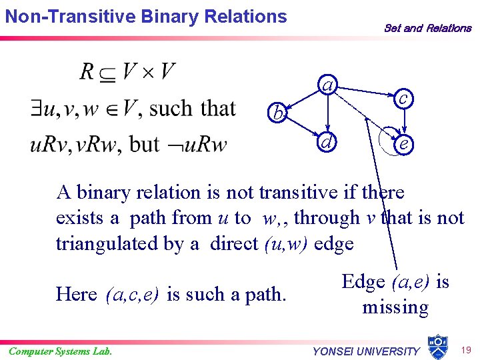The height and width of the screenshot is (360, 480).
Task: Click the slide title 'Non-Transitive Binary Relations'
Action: [x=146, y=16]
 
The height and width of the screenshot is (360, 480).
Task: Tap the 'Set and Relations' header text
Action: [x=427, y=28]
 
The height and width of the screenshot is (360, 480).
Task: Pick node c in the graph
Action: [x=403, y=98]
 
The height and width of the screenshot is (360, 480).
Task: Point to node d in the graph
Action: [x=326, y=142]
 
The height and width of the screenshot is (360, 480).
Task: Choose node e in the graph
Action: [x=403, y=143]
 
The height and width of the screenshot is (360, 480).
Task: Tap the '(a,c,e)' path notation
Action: [x=132, y=294]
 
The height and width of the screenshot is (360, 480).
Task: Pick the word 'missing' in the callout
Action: [x=395, y=307]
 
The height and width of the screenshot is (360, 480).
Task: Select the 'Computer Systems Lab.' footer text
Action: [x=60, y=351]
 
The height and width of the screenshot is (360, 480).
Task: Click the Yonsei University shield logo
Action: [x=437, y=346]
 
